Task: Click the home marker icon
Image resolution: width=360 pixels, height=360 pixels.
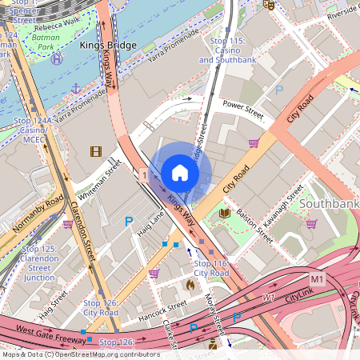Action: [180, 173]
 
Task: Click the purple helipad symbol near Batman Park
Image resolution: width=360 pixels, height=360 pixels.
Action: [55, 58]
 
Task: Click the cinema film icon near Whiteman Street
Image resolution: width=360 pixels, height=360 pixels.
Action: [96, 151]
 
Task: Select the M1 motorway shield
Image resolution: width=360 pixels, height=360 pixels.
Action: [318, 278]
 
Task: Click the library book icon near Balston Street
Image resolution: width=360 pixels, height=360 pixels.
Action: [225, 214]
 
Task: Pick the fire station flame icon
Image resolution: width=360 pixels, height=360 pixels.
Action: [190, 284]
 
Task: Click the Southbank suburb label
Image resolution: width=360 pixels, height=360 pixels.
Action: [329, 203]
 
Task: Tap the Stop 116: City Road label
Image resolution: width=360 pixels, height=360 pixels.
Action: [212, 268]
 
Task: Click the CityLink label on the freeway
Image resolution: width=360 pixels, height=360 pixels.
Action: [300, 294]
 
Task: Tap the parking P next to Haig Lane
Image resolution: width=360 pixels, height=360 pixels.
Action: [129, 221]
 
